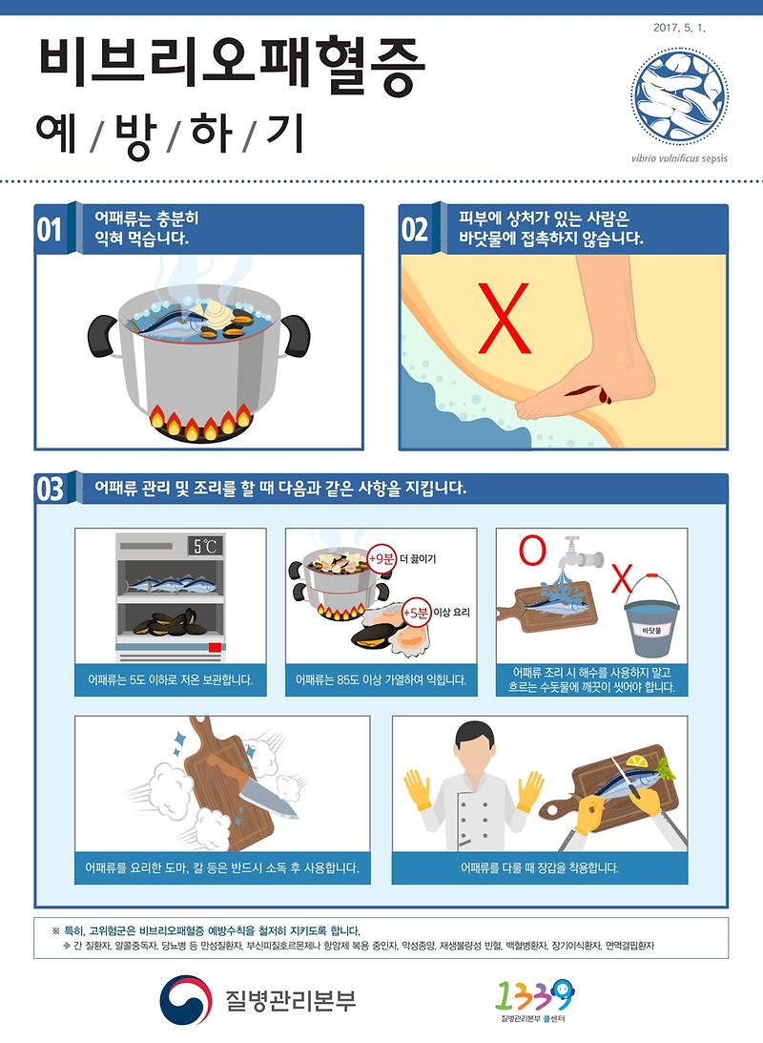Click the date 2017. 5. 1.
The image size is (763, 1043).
(678, 30)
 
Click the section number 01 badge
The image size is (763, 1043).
(50, 230)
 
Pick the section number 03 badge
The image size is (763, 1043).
(50, 489)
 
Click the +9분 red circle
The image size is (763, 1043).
(381, 559)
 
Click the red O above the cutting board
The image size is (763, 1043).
(532, 550)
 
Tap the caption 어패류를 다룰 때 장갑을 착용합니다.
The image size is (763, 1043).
(539, 868)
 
